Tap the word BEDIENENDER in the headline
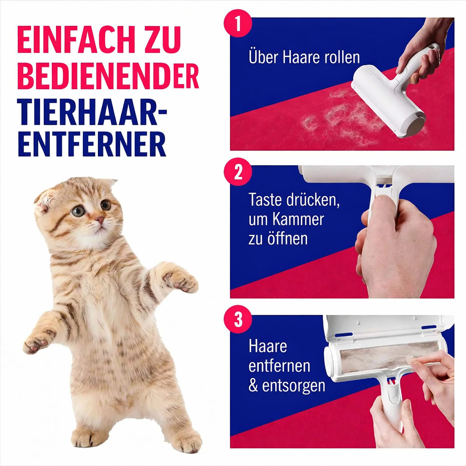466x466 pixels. [108, 76]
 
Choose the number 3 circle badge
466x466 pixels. [238, 320]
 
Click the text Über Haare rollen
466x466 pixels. [304, 57]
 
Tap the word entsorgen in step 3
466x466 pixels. [294, 385]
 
